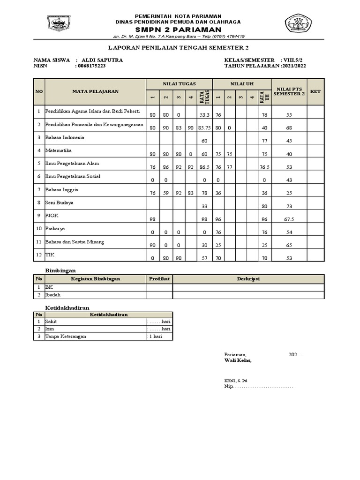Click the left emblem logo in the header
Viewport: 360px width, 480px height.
tap(58, 23)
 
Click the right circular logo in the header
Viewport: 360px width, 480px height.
tap(301, 24)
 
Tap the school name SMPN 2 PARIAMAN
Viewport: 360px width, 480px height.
tap(178, 29)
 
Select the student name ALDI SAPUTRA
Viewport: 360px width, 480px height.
tap(102, 60)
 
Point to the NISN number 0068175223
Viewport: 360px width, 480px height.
tap(91, 66)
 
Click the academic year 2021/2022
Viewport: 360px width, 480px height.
tap(294, 66)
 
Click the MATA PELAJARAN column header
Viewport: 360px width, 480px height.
tap(95, 91)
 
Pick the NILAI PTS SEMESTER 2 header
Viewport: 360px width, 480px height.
tap(289, 91)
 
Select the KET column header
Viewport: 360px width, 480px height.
tap(315, 91)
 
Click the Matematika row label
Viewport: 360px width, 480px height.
tap(59, 151)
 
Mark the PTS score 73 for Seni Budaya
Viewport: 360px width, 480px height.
tap(289, 206)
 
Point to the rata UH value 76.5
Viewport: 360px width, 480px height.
tap(265, 166)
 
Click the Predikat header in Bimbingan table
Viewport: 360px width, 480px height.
tap(159, 279)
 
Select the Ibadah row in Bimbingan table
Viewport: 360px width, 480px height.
tap(53, 295)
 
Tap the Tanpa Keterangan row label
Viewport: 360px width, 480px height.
tap(65, 336)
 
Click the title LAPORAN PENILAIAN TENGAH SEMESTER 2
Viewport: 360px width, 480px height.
tap(178, 47)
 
